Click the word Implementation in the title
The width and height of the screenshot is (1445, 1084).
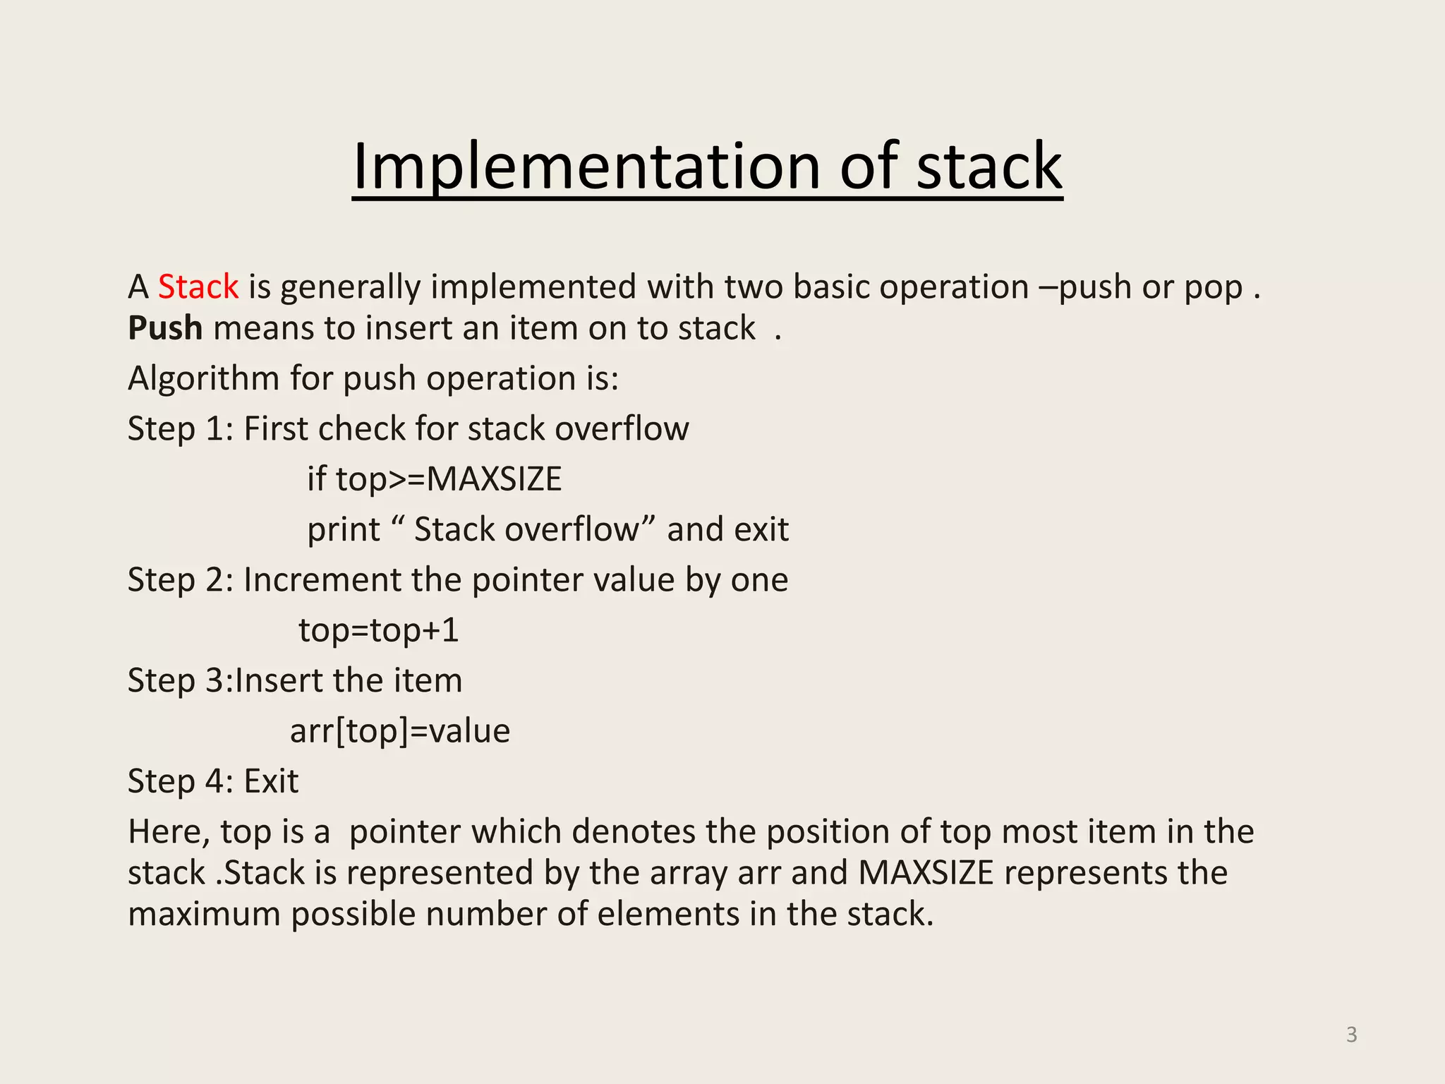point(586,167)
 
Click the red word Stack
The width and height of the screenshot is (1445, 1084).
point(198,287)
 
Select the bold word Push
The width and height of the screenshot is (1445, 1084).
point(165,328)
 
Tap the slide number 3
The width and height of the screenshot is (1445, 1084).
point(1351,1035)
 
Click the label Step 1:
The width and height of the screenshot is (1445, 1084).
point(180,429)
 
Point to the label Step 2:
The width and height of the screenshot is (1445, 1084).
point(180,580)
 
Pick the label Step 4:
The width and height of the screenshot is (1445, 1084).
point(180,782)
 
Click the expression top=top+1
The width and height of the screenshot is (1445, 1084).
point(379,630)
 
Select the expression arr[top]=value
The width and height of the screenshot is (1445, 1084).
point(400,731)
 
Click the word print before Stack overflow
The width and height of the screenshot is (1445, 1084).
point(344,530)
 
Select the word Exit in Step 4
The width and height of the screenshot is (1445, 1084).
point(271,782)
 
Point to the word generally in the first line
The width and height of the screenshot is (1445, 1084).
point(351,287)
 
